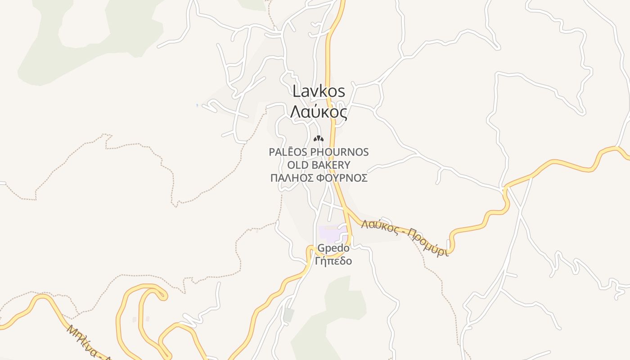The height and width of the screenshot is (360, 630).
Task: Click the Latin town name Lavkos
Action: coord(319,91)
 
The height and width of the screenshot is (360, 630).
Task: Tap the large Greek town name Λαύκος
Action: coord(319,112)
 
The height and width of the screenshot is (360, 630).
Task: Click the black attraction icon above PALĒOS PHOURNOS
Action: coord(319,139)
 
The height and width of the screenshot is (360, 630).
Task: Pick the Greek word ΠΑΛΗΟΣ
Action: coord(292,178)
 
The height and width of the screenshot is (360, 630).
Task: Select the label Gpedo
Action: coord(333,248)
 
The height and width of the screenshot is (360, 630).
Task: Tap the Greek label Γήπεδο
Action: coord(333,261)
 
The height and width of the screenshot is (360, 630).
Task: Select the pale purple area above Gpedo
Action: coord(332,234)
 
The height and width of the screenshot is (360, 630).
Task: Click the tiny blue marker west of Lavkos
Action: coord(197,105)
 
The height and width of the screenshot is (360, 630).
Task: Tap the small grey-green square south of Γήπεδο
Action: coord(288,315)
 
